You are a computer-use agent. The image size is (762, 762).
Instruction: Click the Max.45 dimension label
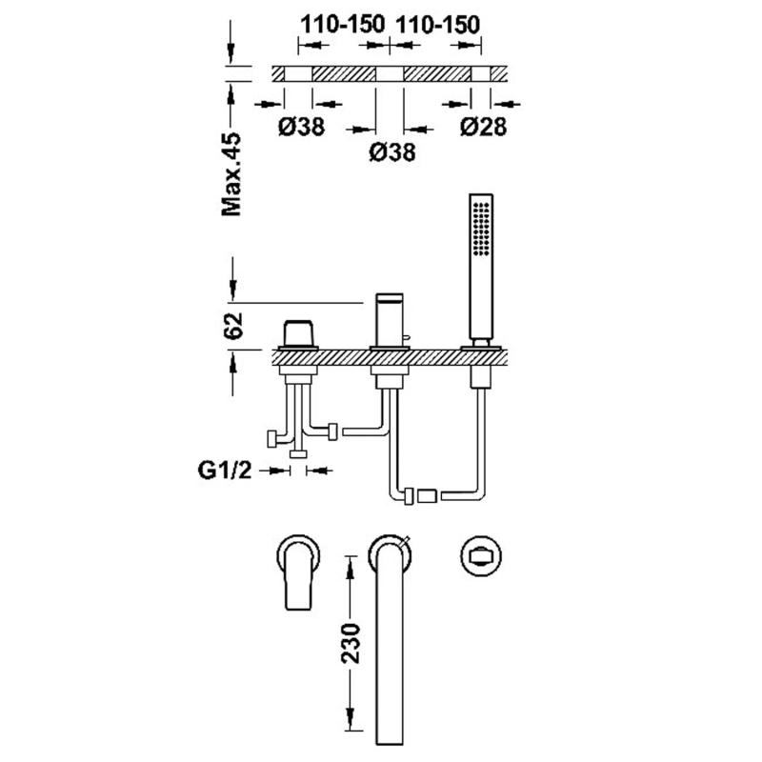pyautogui.click(x=231, y=174)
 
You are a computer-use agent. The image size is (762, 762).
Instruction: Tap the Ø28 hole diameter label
pyautogui.click(x=484, y=127)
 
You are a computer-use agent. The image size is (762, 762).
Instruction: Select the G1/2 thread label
pyautogui.click(x=225, y=470)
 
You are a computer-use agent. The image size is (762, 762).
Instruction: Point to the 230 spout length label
pyautogui.click(x=351, y=643)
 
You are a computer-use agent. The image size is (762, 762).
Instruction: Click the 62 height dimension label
pyautogui.click(x=232, y=326)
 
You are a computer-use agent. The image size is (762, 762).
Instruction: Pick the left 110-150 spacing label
pyautogui.click(x=343, y=24)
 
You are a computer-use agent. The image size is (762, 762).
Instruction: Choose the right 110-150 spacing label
pyautogui.click(x=438, y=25)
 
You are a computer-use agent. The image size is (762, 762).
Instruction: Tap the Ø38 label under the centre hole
pyautogui.click(x=392, y=152)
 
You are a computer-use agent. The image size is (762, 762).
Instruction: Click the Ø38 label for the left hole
pyautogui.click(x=301, y=127)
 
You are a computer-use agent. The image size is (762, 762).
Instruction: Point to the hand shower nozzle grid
pyautogui.click(x=481, y=228)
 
